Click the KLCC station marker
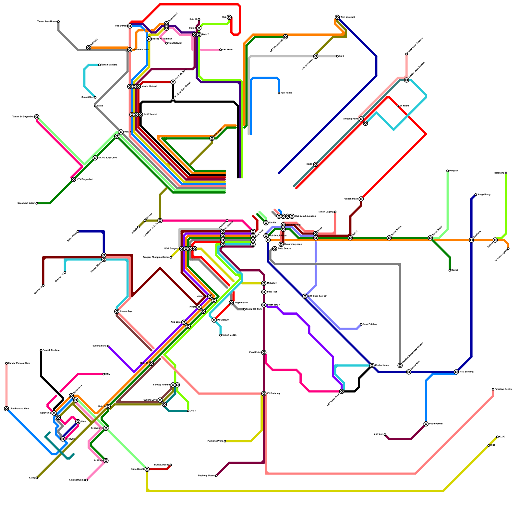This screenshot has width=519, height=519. click(316, 164)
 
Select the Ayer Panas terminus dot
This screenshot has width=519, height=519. click(279, 93)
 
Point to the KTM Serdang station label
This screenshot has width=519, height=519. click(466, 372)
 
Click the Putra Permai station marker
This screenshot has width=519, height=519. click(426, 424)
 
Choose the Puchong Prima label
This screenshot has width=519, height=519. click(215, 441)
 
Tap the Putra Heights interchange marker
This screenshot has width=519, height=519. click(147, 469)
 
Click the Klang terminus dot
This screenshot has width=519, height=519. click(37, 478)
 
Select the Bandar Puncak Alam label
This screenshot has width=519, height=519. click(19, 363)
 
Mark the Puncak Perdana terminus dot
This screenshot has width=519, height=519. click(41, 350)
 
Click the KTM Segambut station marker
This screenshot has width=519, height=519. click(74, 179)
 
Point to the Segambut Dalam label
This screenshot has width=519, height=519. click(26, 203)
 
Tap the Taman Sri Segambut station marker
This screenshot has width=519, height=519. click(37, 117)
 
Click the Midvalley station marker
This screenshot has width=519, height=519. click(264, 283)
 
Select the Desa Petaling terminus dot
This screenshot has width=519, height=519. click(361, 324)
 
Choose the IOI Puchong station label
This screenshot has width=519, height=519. click(273, 393)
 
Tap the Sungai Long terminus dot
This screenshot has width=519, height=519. click(476, 195)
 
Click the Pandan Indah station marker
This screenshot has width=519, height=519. click(361, 199)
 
